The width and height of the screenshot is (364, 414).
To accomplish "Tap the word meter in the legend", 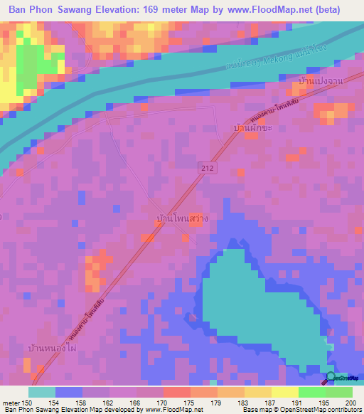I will pyautogui.click(x=11, y=403).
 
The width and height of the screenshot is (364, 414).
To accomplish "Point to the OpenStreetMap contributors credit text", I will pyautogui.click(x=324, y=410).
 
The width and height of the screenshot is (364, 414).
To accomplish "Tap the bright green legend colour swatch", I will pyautogui.click(x=311, y=392).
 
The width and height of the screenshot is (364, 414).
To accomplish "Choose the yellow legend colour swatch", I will pyautogui.click(x=284, y=392).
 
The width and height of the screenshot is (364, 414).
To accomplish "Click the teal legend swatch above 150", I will pyautogui.click(x=42, y=392).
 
